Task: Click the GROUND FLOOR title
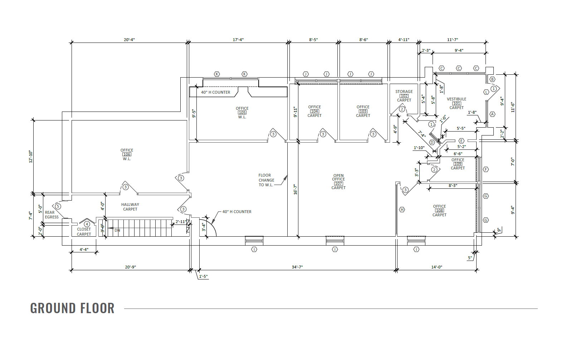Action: pos(72,308)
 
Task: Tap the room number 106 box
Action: pos(127,154)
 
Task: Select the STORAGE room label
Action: pos(404,92)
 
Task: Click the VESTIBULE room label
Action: pos(457,99)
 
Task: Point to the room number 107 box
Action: pos(338,184)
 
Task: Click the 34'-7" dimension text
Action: pos(297,267)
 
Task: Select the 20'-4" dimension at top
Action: pos(129,40)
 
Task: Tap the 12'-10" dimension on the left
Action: pos(31,157)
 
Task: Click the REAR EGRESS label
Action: pos(52,214)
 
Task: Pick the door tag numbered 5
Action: pos(58,206)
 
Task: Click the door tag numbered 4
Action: pos(87,224)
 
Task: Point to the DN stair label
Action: pos(117,230)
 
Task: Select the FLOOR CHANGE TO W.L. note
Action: pos(266,180)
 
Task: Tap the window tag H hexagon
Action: pos(402,209)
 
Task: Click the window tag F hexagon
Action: pos(486,169)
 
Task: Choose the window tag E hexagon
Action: pos(461,141)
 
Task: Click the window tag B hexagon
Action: pos(492,79)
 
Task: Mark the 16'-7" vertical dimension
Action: pos(295,189)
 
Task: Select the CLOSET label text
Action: pos(84,229)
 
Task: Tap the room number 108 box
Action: pos(439,211)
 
